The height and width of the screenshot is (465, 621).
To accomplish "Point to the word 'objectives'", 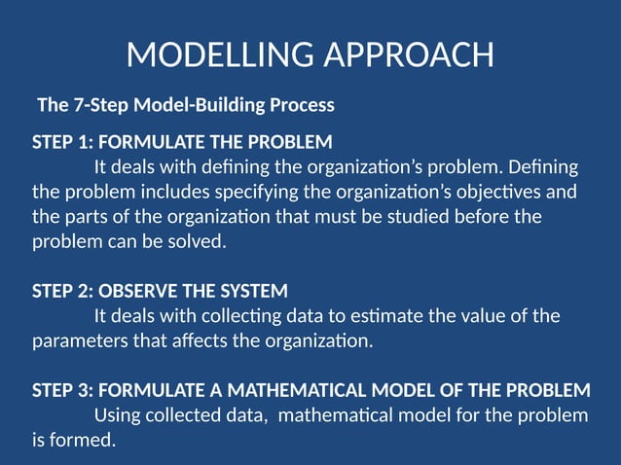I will [x=516, y=191].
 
